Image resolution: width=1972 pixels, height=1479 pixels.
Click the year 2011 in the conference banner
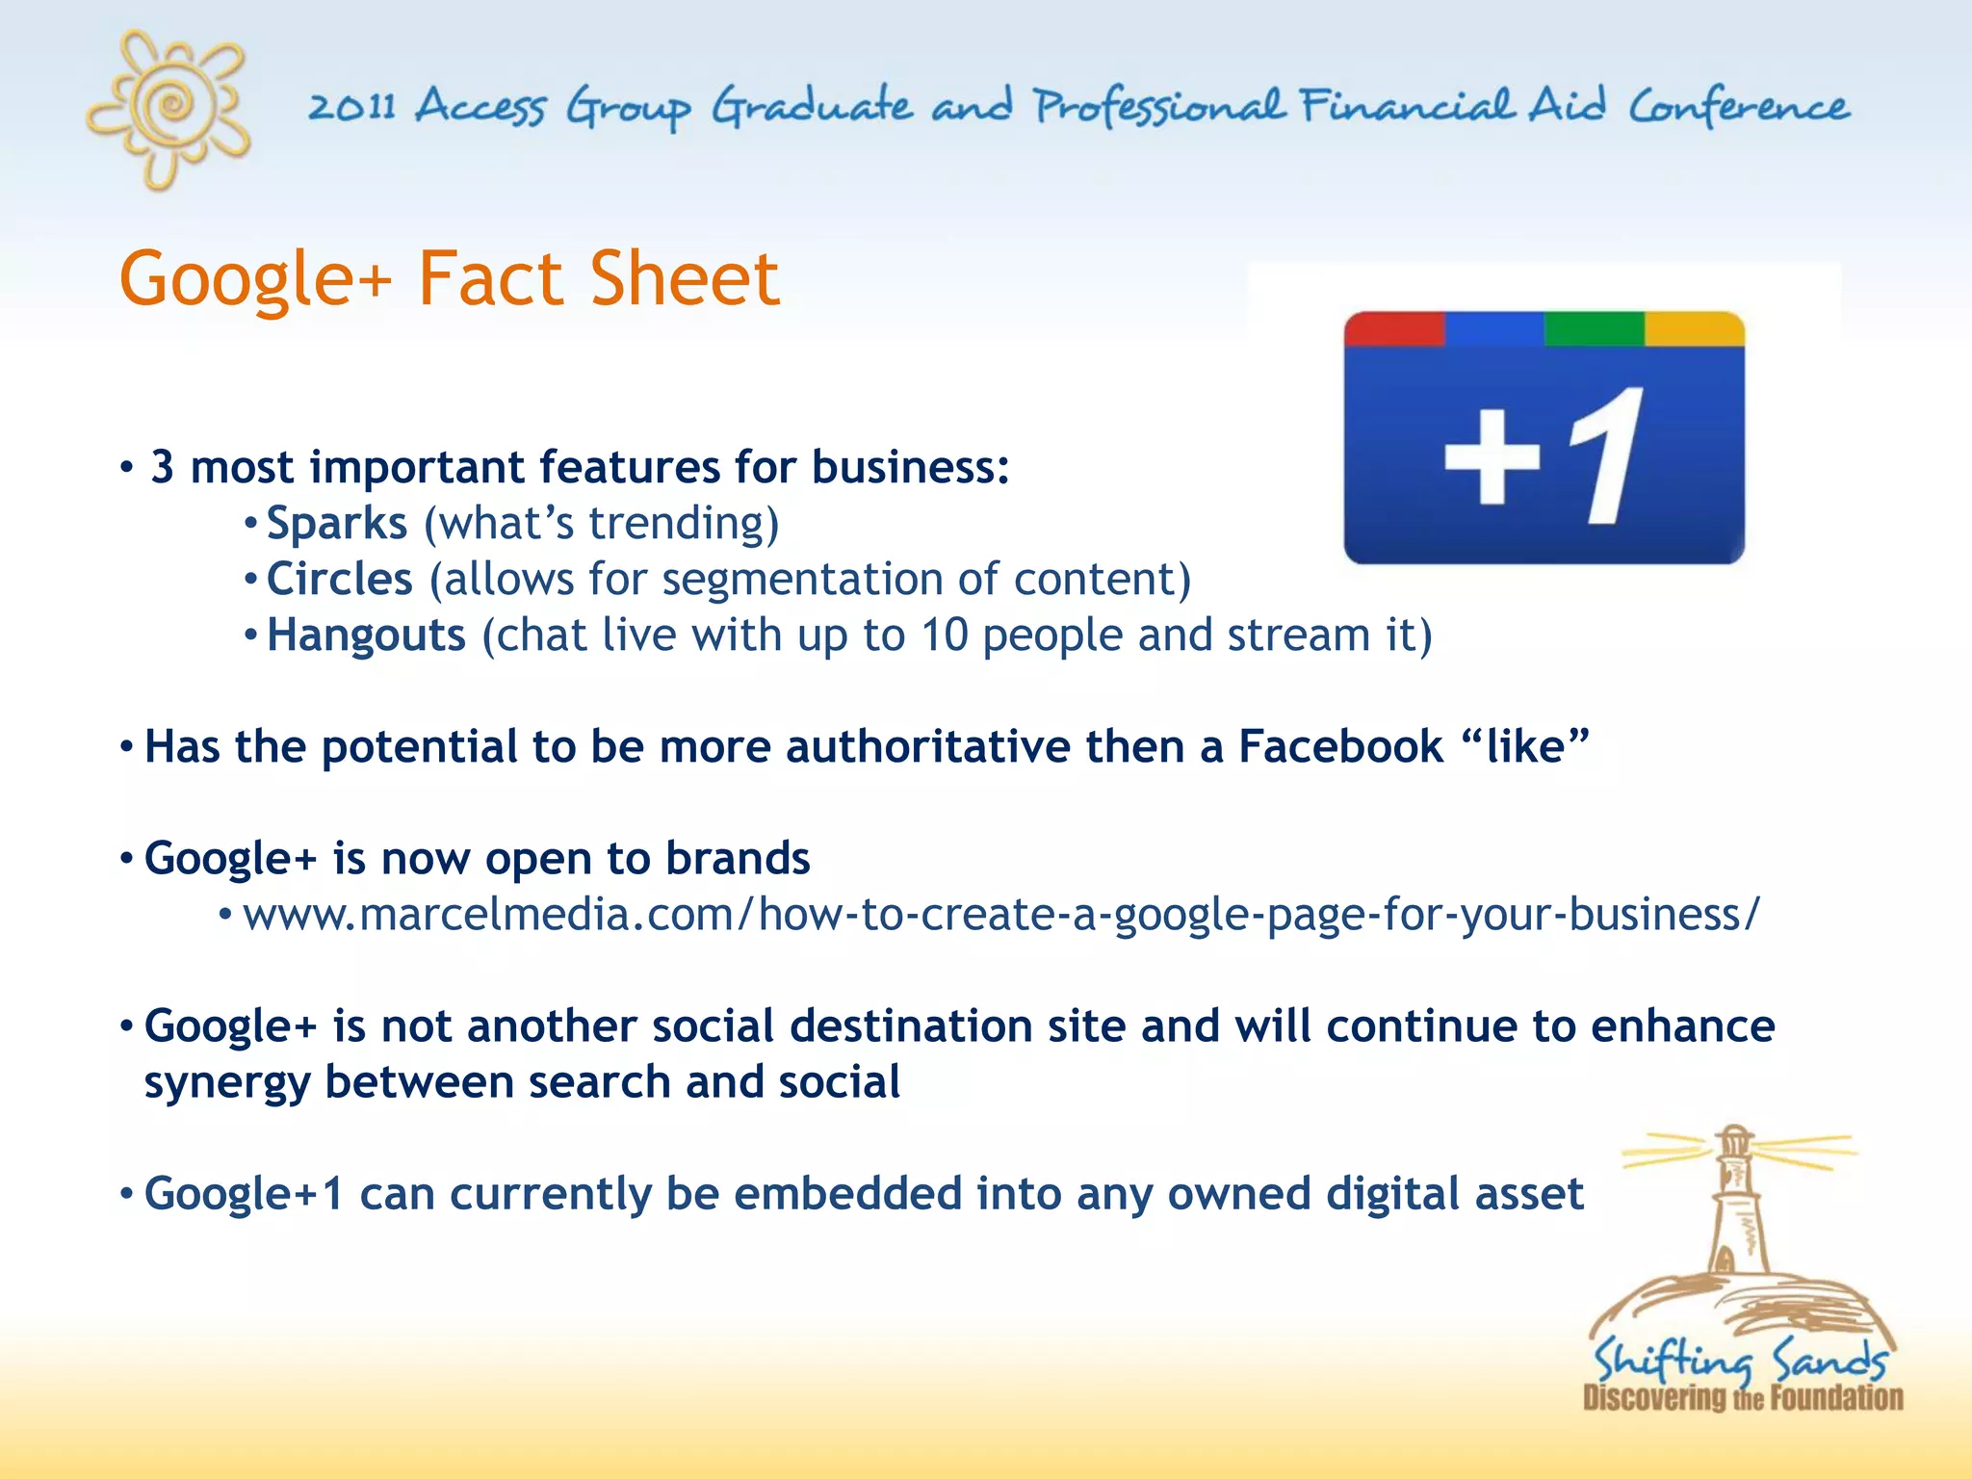point(351,106)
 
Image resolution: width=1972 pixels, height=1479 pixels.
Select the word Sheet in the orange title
point(684,279)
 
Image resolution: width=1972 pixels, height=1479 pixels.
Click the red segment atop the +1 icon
point(1394,328)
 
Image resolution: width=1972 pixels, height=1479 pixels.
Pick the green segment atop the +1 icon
point(1594,328)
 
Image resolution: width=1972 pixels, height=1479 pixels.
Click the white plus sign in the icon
point(1492,457)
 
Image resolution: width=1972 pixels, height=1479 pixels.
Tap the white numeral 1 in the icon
point(1606,455)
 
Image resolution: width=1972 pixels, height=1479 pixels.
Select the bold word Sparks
point(337,524)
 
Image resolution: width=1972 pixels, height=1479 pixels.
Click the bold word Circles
point(339,580)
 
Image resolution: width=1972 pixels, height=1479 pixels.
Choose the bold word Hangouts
point(366,636)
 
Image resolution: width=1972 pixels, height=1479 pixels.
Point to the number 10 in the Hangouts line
point(944,636)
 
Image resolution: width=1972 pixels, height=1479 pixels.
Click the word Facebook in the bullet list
point(1340,747)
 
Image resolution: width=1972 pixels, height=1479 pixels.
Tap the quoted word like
point(1525,747)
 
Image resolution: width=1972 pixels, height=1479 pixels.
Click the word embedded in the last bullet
point(847,1194)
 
